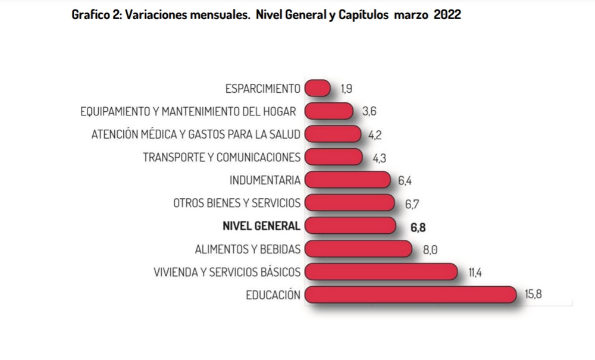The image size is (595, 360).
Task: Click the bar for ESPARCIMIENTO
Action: point(318,88)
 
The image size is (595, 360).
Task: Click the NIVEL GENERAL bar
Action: point(350,226)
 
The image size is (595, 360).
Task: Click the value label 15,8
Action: point(533,295)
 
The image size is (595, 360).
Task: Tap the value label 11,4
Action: point(475,273)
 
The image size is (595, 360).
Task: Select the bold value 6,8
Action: point(418,227)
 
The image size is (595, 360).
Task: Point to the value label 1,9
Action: point(347,89)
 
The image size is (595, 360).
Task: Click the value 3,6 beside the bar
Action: point(369,111)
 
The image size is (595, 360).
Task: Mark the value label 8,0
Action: point(430,250)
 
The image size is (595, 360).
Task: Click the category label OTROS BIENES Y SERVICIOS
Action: point(237,203)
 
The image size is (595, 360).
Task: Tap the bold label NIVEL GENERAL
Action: point(261,226)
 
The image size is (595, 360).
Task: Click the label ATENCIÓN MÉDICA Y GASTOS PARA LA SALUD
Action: point(196,134)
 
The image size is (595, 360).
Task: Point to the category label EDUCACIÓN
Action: point(273,295)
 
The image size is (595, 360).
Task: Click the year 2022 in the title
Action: point(447,15)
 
